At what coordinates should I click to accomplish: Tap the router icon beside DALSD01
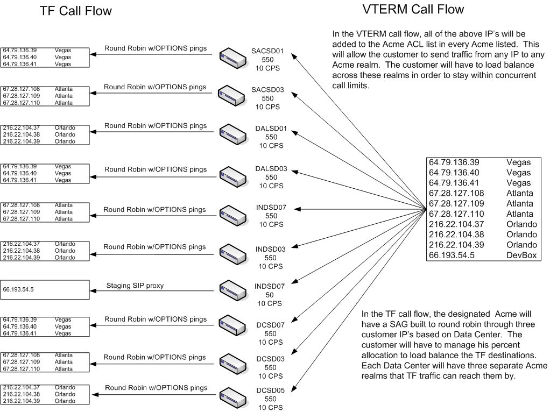[232, 134]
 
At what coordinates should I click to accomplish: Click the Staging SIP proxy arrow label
[135, 286]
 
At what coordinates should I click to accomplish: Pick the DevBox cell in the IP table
[521, 255]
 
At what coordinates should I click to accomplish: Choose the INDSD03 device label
[270, 249]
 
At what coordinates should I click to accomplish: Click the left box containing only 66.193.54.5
[45, 289]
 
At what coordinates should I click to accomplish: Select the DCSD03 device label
[270, 359]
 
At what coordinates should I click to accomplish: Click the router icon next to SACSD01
[232, 55]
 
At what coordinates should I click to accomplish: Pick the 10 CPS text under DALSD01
[271, 146]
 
